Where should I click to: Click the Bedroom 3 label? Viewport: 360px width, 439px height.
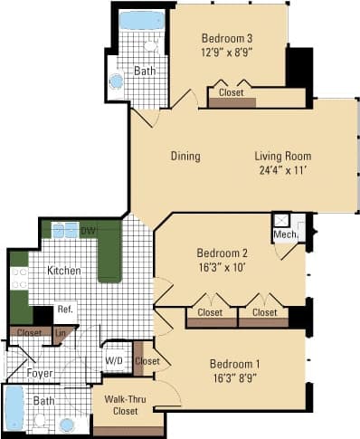pyautogui.click(x=228, y=38)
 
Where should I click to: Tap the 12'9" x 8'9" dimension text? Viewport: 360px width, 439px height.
pyautogui.click(x=228, y=52)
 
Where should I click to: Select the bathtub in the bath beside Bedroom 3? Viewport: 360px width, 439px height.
pyautogui.click(x=142, y=21)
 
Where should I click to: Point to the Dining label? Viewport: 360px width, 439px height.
pyautogui.click(x=185, y=157)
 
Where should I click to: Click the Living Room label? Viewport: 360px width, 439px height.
pyautogui.click(x=282, y=157)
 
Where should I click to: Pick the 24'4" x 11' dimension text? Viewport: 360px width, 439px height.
pyautogui.click(x=282, y=170)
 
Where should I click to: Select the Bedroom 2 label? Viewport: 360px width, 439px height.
pyautogui.click(x=222, y=253)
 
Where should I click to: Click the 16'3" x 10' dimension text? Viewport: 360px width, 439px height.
pyautogui.click(x=222, y=267)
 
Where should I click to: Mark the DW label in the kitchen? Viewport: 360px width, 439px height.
pyautogui.click(x=88, y=232)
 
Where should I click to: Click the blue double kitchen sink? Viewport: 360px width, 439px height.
pyautogui.click(x=64, y=231)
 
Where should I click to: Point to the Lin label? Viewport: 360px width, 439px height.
pyautogui.click(x=61, y=333)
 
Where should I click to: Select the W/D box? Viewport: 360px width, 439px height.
pyautogui.click(x=116, y=361)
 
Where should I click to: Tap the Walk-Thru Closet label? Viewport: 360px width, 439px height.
pyautogui.click(x=127, y=404)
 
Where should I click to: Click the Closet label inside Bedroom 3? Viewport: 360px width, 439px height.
pyautogui.click(x=232, y=91)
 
